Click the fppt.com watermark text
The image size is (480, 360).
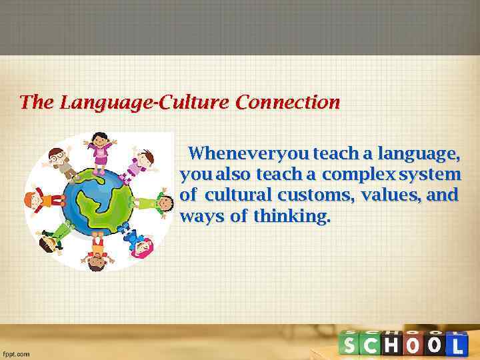[x=17, y=353]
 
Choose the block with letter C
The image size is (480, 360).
[x=371, y=345]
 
